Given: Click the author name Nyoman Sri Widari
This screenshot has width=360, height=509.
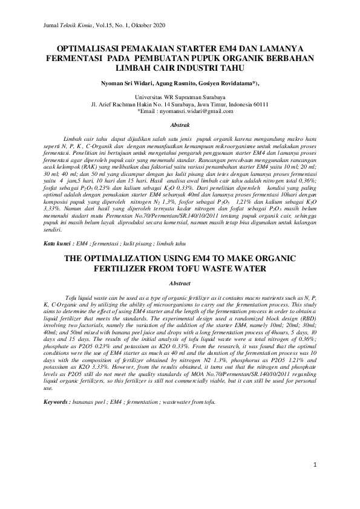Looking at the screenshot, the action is (x=124, y=82).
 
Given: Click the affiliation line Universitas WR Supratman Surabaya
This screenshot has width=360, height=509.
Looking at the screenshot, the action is (x=180, y=97).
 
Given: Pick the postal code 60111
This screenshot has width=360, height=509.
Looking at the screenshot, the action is (x=261, y=104).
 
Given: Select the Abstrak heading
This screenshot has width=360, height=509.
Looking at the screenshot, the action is (x=180, y=125).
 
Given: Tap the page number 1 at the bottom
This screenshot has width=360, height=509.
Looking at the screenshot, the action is (x=315, y=464).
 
